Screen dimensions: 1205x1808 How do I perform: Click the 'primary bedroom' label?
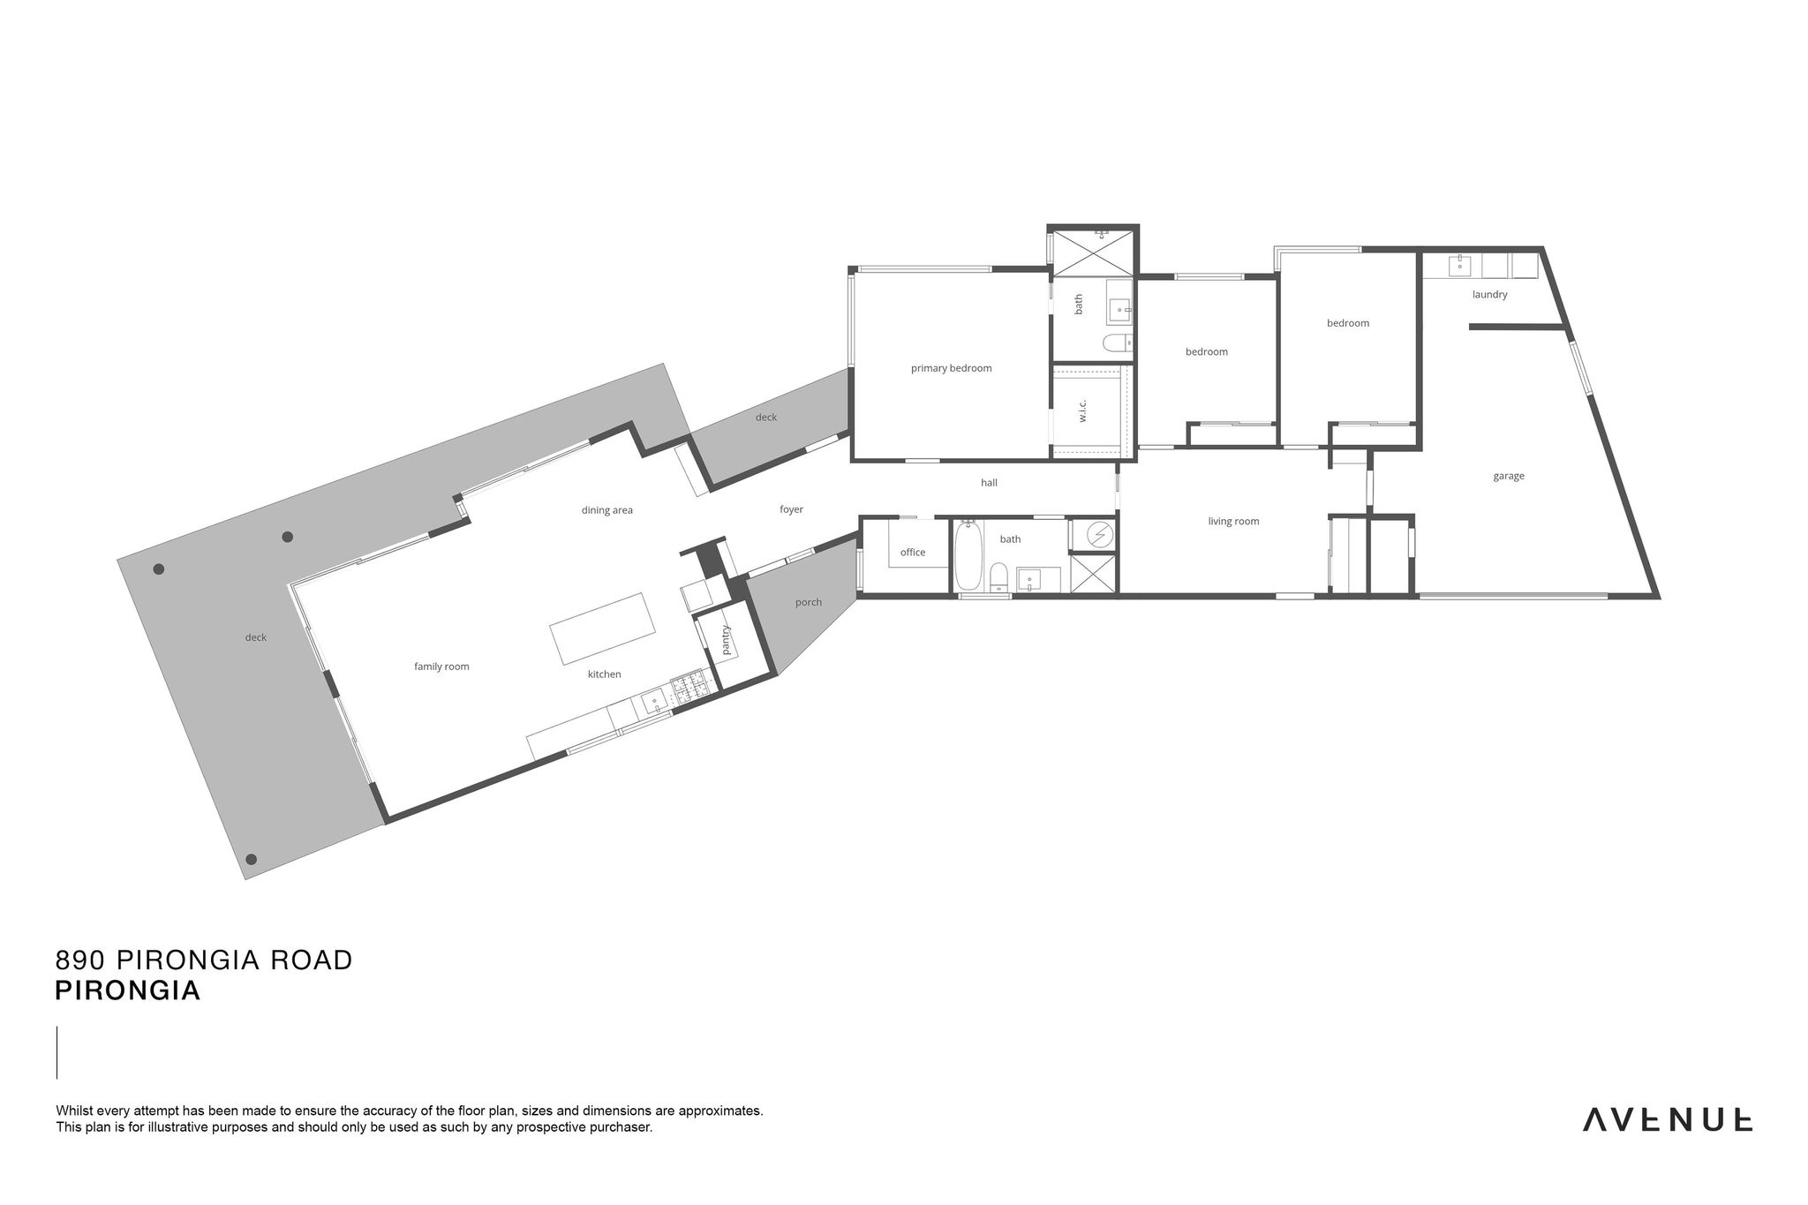click(x=951, y=368)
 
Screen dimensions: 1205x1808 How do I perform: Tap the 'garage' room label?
click(x=1509, y=476)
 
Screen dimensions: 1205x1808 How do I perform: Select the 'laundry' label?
click(x=1489, y=294)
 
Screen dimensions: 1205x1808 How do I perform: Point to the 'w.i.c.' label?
click(x=1082, y=410)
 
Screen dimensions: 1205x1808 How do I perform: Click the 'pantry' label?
click(x=727, y=640)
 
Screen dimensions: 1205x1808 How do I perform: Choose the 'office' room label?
click(x=913, y=553)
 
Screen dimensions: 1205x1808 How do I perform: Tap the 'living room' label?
click(x=1233, y=522)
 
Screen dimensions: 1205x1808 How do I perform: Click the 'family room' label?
click(x=441, y=667)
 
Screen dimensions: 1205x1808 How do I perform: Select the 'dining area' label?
click(x=606, y=510)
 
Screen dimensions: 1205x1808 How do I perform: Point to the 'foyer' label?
click(x=791, y=509)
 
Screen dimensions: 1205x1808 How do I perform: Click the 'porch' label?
click(x=808, y=603)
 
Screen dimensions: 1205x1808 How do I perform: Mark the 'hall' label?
click(x=989, y=483)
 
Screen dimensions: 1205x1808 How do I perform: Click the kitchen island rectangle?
click(x=604, y=629)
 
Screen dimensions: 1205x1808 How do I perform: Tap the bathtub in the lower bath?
click(x=968, y=556)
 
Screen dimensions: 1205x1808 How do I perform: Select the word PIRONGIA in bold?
click(x=128, y=991)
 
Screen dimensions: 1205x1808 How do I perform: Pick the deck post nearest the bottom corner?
click(x=251, y=859)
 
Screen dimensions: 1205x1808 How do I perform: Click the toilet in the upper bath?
click(x=1116, y=343)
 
